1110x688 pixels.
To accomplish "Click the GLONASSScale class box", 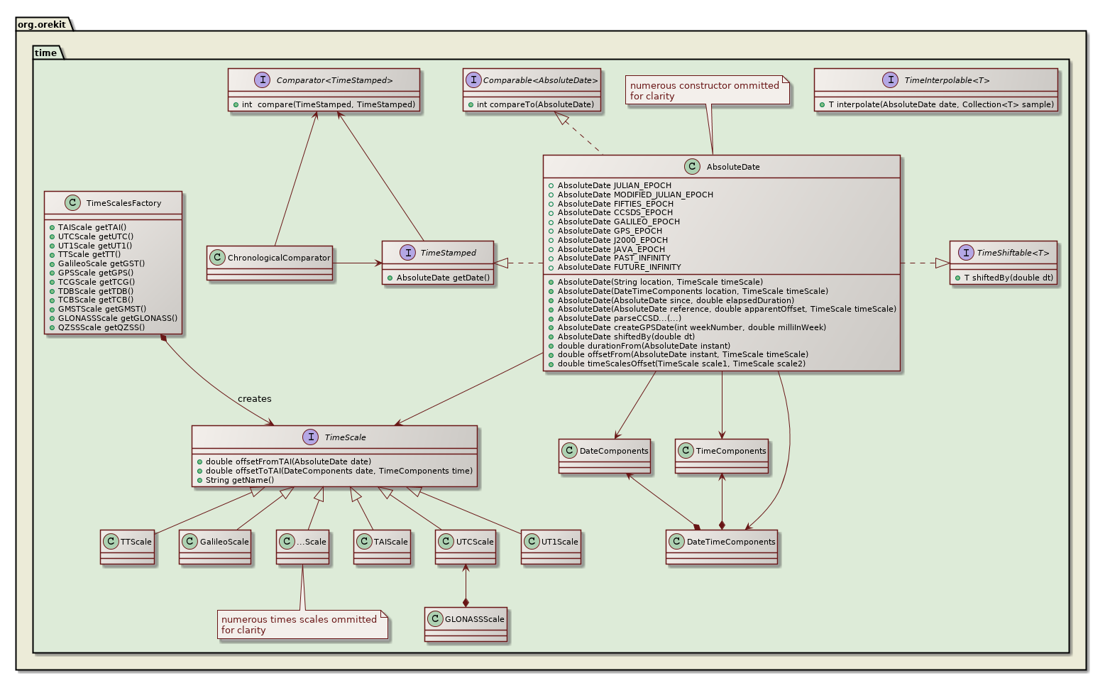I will tap(466, 623).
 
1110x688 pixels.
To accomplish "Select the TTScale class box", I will tap(128, 546).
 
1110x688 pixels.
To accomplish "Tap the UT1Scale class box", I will tap(551, 546).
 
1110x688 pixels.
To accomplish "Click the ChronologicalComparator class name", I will tap(279, 258).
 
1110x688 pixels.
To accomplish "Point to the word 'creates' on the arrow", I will tap(254, 399).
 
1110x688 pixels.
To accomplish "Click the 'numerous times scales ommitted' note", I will tap(299, 624).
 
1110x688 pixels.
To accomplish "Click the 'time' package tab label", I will tap(45, 53).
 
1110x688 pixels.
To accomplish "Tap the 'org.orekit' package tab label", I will tap(42, 25).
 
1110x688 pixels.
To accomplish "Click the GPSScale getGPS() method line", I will tap(96, 273).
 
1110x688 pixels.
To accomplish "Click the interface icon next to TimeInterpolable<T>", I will tap(890, 80).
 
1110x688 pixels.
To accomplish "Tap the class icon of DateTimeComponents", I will tap(676, 542).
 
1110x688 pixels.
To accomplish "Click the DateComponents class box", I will tap(605, 455).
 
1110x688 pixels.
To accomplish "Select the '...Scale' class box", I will tap(303, 546).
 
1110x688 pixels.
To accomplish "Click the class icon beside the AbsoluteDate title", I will tap(693, 167).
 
